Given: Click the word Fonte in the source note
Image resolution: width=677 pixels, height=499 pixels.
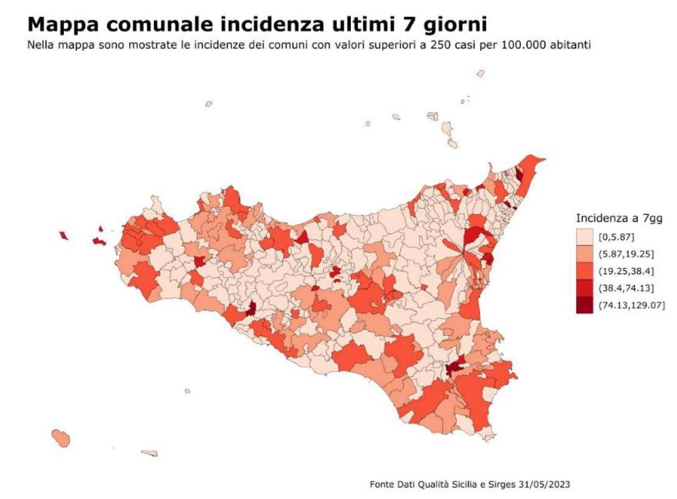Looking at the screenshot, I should [x=381, y=484].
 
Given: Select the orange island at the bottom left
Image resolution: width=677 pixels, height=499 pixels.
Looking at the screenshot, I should [x=60, y=437].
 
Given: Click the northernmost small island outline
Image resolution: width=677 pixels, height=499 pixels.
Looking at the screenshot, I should [x=481, y=73].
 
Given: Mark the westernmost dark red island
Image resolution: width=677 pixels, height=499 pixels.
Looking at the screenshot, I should [x=64, y=235].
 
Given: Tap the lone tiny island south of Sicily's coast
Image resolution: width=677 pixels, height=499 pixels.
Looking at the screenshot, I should [x=187, y=391].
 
